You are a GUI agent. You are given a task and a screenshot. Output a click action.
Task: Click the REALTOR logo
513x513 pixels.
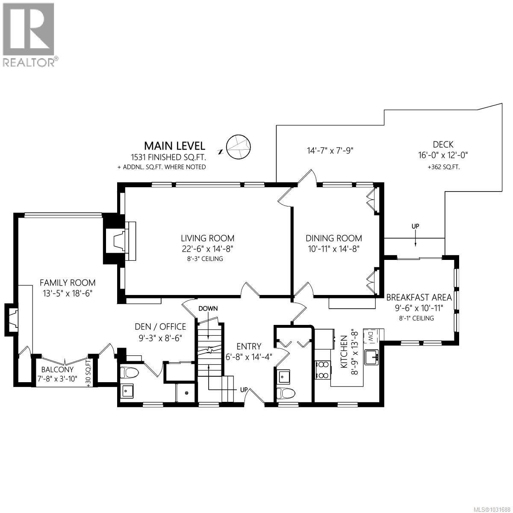click(x=29, y=34)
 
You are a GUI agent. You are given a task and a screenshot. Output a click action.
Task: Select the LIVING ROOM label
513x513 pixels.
click(x=207, y=238)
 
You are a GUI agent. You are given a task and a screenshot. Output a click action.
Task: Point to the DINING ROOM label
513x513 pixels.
click(x=333, y=238)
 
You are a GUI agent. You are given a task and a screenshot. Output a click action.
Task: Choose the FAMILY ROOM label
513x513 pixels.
click(x=68, y=283)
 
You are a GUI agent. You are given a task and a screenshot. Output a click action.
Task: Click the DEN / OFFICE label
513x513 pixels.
click(x=160, y=327)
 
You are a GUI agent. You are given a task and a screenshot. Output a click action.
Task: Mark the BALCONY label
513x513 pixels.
click(x=57, y=369)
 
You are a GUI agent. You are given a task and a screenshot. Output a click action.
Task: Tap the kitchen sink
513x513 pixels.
click(x=372, y=357)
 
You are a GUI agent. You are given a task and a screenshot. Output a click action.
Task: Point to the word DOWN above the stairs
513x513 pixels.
click(x=208, y=308)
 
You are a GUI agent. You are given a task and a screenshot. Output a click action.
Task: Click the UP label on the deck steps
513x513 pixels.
click(x=415, y=226)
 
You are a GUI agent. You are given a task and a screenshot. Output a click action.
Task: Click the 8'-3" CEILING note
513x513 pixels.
click(x=207, y=259)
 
